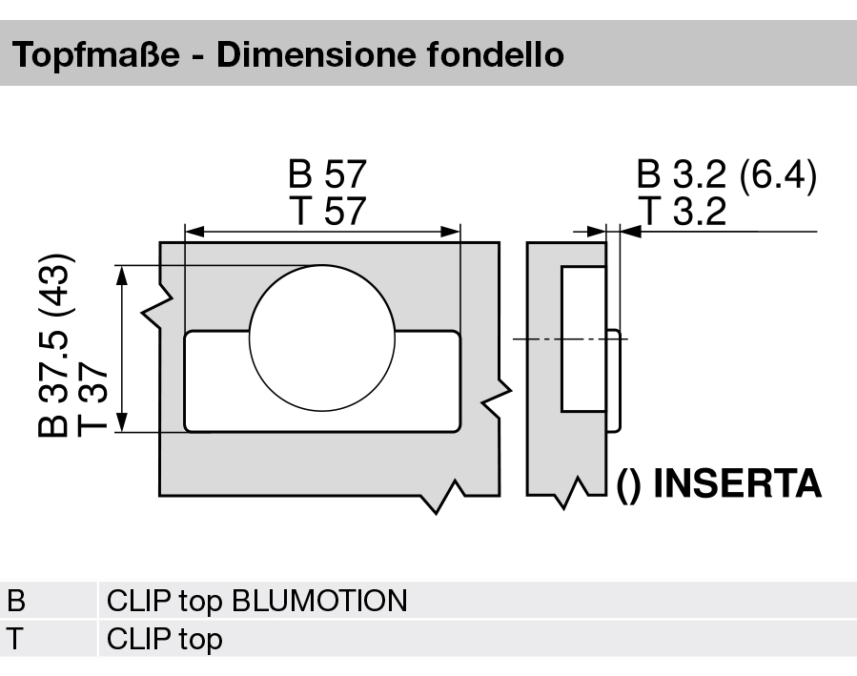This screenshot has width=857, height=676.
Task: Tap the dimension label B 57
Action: tap(327, 176)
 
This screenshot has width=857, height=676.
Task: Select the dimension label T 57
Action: tap(327, 211)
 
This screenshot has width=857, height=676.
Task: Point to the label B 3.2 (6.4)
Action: tap(726, 176)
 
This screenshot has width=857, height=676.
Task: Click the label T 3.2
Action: tap(683, 211)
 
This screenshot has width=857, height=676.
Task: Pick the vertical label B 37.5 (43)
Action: tap(54, 345)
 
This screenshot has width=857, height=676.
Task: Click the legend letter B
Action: tap(18, 602)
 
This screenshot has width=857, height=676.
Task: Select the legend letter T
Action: tap(17, 638)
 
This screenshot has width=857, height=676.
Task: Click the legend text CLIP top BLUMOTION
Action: tap(256, 602)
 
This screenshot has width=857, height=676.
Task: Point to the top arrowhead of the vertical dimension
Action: tap(122, 275)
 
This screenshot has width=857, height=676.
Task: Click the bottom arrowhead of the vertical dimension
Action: tap(122, 422)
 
